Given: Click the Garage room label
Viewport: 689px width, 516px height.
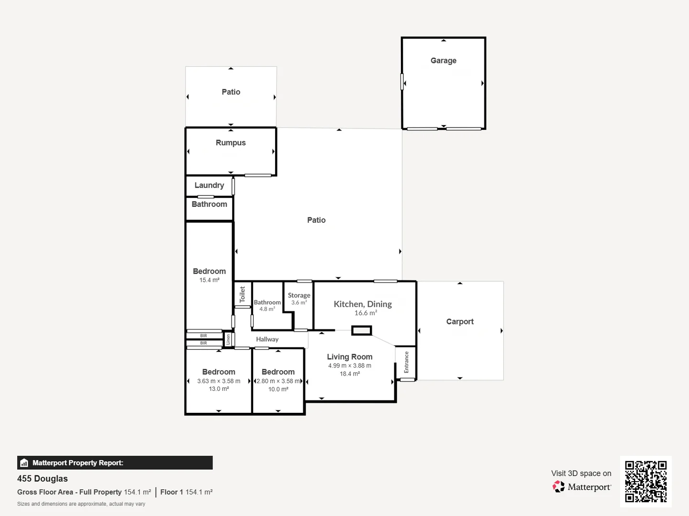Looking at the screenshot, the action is click(x=443, y=61).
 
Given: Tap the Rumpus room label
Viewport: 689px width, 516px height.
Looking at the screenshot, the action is click(x=231, y=142).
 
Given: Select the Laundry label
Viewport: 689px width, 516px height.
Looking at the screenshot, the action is click(x=209, y=185).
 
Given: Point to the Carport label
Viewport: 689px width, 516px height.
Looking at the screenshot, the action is click(x=460, y=322).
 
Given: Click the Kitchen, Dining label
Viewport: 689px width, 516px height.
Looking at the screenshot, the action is click(x=363, y=304).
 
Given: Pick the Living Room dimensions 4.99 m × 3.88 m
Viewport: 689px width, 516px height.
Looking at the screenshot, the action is click(x=350, y=365).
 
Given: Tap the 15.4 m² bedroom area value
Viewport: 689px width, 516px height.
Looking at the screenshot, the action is click(x=210, y=280).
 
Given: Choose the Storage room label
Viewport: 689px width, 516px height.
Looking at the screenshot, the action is click(x=299, y=295).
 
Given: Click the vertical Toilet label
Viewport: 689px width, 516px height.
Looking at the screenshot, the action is click(x=242, y=294).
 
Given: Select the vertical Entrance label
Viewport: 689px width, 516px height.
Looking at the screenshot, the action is click(x=406, y=362).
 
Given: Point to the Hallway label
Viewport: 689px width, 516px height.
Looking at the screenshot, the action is click(x=267, y=339).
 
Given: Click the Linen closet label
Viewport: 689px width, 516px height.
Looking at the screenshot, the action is click(x=228, y=339).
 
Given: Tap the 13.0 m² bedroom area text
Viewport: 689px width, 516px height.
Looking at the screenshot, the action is click(x=219, y=389).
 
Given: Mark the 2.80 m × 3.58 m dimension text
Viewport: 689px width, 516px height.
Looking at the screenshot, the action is click(x=278, y=381).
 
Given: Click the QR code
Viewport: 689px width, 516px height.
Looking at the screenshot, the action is click(x=645, y=482).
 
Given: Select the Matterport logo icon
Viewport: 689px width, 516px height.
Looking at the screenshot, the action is click(x=558, y=486).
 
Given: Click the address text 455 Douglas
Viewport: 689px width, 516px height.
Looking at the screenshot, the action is click(x=43, y=478).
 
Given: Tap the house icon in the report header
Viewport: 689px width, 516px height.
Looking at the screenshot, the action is click(x=24, y=463).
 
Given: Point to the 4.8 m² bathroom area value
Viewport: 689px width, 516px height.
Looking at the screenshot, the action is click(x=267, y=309).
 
